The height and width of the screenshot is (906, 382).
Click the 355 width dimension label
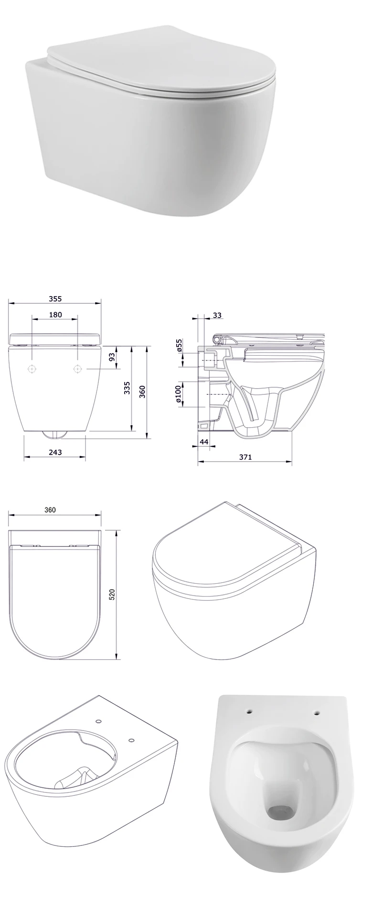pyautogui.click(x=55, y=299)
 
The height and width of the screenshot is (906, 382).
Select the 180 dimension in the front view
pyautogui.click(x=55, y=315)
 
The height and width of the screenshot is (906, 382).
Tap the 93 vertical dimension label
pyautogui.click(x=112, y=357)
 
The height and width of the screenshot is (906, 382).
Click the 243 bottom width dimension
pyautogui.click(x=55, y=452)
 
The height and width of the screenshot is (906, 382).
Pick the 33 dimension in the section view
pyautogui.click(x=217, y=315)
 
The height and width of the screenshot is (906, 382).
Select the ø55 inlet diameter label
pyautogui.click(x=180, y=346)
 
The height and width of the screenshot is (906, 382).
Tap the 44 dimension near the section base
pyautogui.click(x=203, y=442)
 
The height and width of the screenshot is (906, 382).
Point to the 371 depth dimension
pyautogui.click(x=245, y=457)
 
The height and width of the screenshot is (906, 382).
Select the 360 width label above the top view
pyautogui.click(x=50, y=510)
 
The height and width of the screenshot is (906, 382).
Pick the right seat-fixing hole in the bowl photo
pyautogui.click(x=316, y=713)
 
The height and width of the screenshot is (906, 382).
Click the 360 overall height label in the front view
pyautogui.click(x=142, y=391)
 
